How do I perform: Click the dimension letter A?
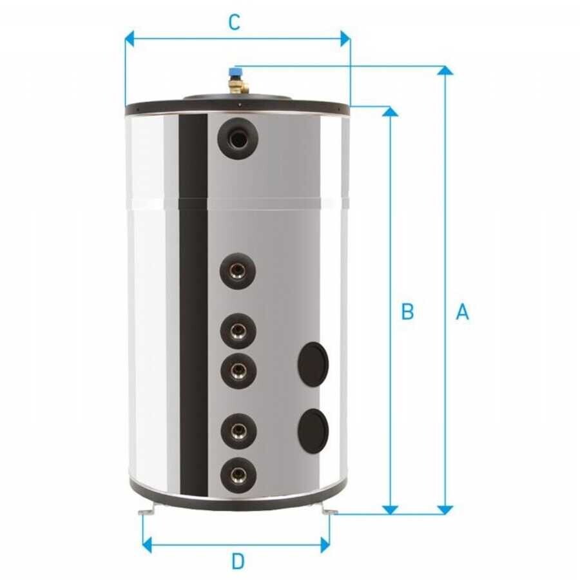click(462, 311)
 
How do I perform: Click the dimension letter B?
click(407, 311)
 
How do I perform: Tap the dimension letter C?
click(235, 23)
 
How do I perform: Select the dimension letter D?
click(238, 561)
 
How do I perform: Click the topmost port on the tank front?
click(238, 139)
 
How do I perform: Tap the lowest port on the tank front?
click(238, 474)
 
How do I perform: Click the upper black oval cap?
click(313, 364)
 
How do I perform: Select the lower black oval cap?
click(313, 430)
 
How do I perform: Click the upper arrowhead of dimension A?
click(445, 70)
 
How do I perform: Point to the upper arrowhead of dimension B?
click(390, 111)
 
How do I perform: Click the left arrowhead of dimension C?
click(129, 39)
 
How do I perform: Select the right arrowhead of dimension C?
click(345, 39)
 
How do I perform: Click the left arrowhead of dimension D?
click(147, 545)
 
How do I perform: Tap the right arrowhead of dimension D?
click(325, 545)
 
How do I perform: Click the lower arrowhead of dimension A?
click(445, 510)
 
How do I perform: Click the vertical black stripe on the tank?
click(193, 304)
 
